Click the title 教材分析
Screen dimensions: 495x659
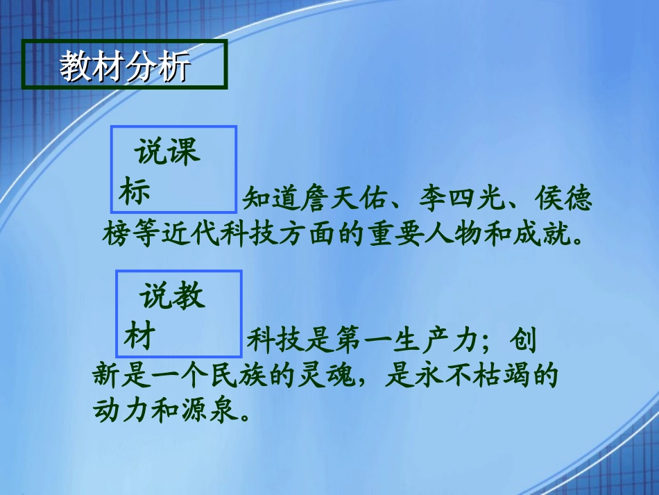pyautogui.click(x=124, y=67)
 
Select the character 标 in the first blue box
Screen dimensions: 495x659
pyautogui.click(x=134, y=192)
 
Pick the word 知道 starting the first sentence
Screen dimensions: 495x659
pyautogui.click(x=271, y=201)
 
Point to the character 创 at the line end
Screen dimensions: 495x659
pyautogui.click(x=522, y=341)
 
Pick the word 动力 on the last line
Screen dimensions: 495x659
pyautogui.click(x=122, y=411)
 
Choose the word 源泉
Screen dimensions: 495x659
pyautogui.click(x=211, y=411)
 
